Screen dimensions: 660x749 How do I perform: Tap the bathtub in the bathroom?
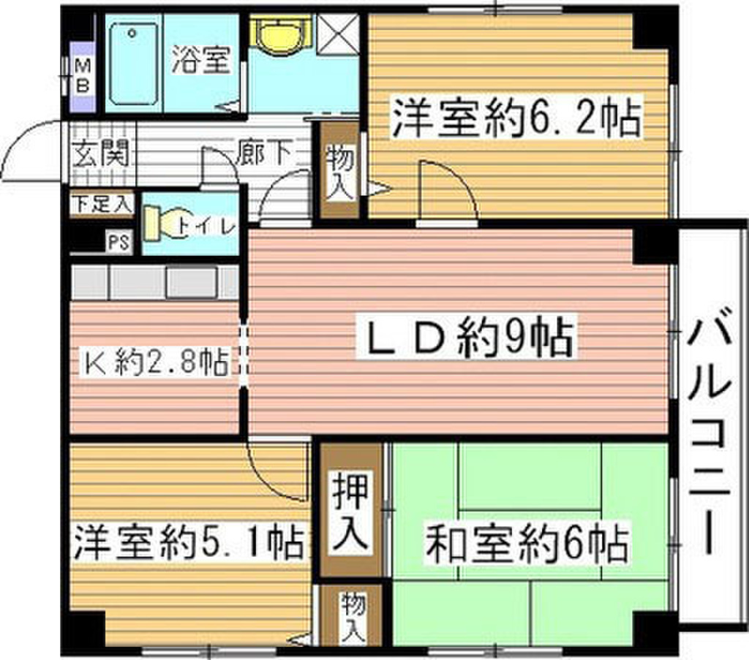[x=133, y=65]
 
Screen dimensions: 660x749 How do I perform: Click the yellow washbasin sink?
[x=279, y=34]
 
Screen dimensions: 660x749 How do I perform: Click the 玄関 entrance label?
[x=101, y=153]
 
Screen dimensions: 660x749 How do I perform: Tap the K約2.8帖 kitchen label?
[x=156, y=361]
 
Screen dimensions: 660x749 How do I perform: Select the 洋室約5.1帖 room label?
[x=189, y=542]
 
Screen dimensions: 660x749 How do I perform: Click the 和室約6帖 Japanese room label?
[x=527, y=543]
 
